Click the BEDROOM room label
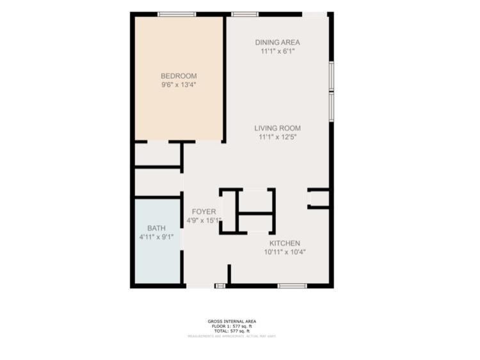(178, 76)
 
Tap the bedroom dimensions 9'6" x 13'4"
(178, 84)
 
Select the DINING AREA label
(277, 43)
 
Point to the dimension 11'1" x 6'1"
(277, 51)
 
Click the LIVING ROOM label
(277, 128)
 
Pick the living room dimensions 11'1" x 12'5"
(277, 136)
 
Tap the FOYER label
(204, 212)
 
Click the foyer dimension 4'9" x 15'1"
(204, 220)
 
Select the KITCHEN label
(284, 243)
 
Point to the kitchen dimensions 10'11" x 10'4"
(284, 252)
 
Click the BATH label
(156, 228)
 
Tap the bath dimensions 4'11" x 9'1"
(157, 236)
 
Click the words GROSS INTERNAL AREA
(232, 322)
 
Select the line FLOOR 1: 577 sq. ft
(232, 327)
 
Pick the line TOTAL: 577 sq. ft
(232, 331)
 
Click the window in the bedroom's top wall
(177, 14)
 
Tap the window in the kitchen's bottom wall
(292, 286)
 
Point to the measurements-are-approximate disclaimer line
(232, 336)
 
